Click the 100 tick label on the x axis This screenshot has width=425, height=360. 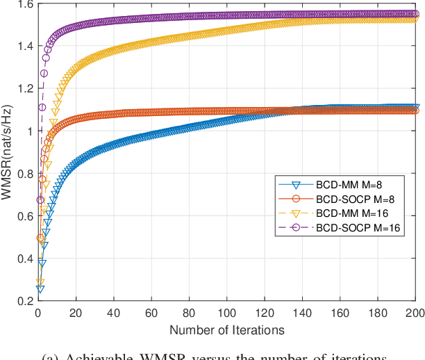227,313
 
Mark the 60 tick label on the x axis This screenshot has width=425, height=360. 151,313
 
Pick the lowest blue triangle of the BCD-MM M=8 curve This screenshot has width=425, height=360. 40,288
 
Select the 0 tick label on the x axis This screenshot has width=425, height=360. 38,313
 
